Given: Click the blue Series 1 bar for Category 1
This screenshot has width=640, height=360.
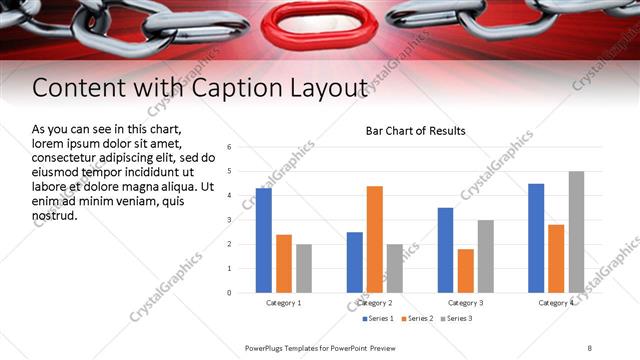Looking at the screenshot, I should (x=264, y=240).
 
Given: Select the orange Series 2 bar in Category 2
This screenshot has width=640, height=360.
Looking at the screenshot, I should (x=375, y=239).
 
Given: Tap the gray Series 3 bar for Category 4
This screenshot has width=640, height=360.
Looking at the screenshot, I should (x=576, y=232).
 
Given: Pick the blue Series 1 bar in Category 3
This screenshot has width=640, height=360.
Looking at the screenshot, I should (x=445, y=250).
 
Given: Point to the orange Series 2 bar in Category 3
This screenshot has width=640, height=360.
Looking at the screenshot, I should (x=466, y=270).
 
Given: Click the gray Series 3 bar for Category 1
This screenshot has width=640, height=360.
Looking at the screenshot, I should (x=304, y=268).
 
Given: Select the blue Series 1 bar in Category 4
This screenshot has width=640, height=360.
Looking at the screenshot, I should (x=536, y=238).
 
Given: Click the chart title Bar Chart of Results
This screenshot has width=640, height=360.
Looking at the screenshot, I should (x=415, y=131).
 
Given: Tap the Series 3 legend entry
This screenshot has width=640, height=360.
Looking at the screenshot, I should (x=456, y=319).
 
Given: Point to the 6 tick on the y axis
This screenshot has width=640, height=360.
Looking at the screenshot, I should (x=229, y=147).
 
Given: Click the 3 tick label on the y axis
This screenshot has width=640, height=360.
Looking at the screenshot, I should (x=229, y=220).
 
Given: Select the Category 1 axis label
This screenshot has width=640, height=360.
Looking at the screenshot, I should (x=284, y=302).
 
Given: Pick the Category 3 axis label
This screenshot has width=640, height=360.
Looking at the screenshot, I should (x=466, y=302).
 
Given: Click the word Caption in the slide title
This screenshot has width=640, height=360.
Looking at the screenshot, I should (x=252, y=89).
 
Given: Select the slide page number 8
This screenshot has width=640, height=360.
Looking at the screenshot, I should (x=590, y=347).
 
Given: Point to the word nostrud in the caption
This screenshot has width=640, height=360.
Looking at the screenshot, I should (x=54, y=215).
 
